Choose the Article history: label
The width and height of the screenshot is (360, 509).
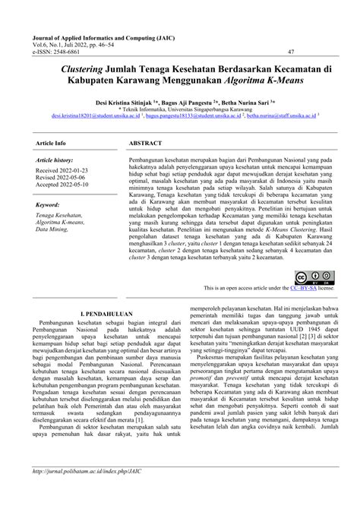[x=55, y=161]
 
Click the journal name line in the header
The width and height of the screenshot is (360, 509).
[x=112, y=36]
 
